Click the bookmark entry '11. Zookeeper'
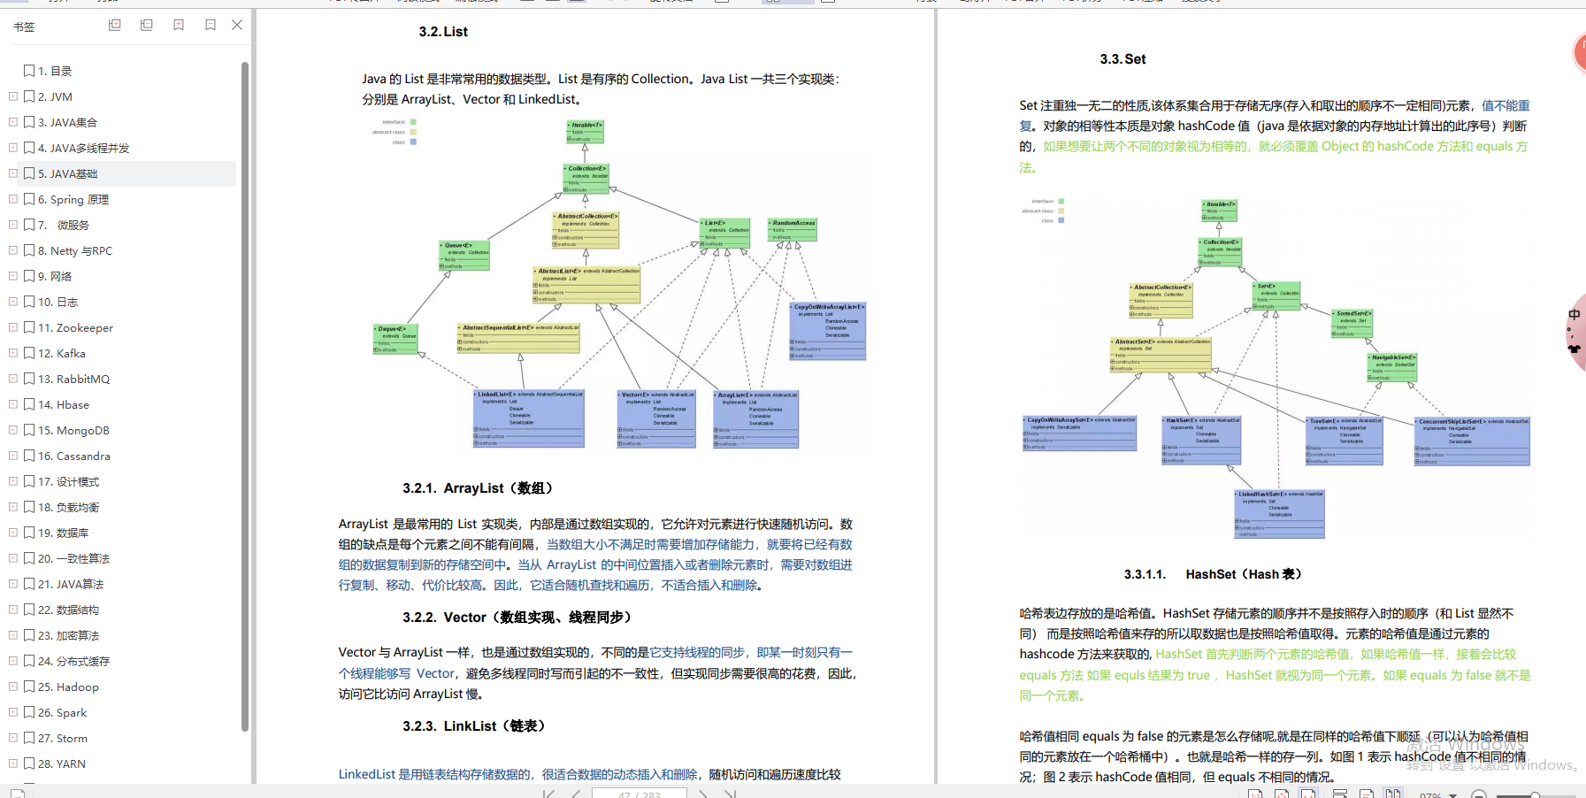tap(75, 327)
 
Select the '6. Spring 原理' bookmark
tap(73, 199)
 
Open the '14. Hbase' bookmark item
tap(64, 404)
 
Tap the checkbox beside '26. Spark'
tap(29, 712)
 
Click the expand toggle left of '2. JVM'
tap(13, 96)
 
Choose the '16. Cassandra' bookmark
tap(74, 456)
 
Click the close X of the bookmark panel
tap(237, 26)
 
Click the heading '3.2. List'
tap(443, 32)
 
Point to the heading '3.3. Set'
tap(1122, 59)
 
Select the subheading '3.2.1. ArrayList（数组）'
tap(479, 488)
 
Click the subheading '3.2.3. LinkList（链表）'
tap(474, 726)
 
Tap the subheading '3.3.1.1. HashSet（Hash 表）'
tap(1213, 574)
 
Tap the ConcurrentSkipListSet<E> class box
tap(1472, 441)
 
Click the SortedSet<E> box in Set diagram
tap(1352, 323)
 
